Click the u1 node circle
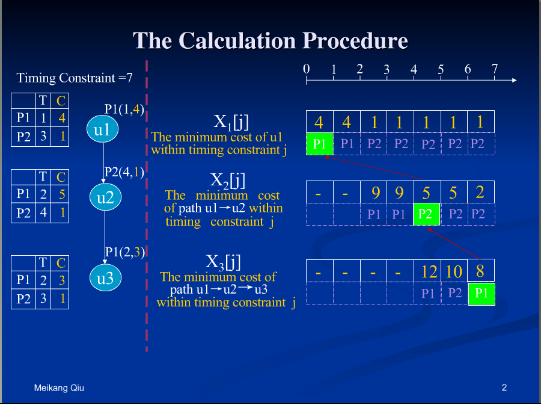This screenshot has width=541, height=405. [x=102, y=129]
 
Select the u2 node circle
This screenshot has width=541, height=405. [x=105, y=197]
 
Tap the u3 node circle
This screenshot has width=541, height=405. [x=105, y=278]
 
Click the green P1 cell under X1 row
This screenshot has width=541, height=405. [x=320, y=144]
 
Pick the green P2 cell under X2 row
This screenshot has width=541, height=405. [x=426, y=214]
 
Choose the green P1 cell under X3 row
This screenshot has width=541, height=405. [x=481, y=294]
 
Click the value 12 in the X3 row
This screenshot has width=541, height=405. [x=429, y=271]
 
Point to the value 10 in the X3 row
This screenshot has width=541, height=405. [x=454, y=271]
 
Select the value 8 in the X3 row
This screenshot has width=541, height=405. [x=480, y=271]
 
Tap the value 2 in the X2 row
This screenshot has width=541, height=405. [x=480, y=192]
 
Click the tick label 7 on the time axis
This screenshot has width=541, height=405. [x=495, y=69]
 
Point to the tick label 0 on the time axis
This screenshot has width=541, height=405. [x=307, y=69]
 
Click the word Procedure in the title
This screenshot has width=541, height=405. [x=355, y=41]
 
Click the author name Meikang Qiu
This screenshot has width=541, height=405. [x=59, y=388]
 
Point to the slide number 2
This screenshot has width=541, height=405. [x=504, y=388]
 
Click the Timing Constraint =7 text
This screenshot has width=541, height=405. [x=75, y=78]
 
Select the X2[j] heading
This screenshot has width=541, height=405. [x=228, y=180]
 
